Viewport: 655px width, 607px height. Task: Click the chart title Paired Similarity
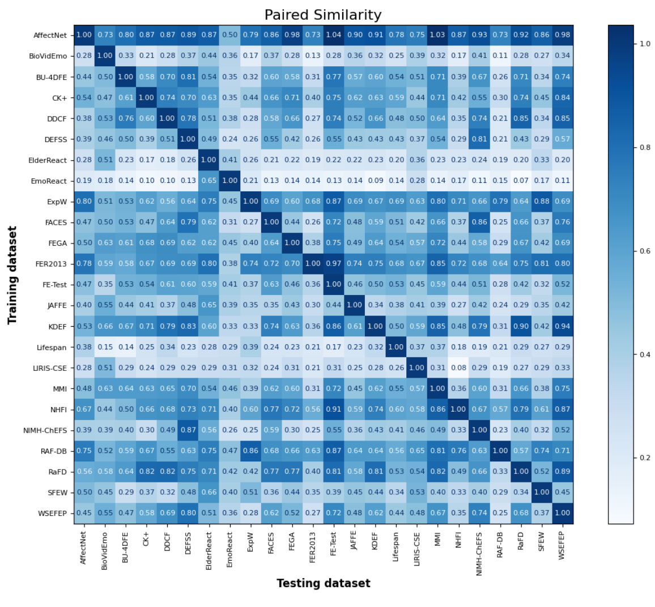tap(323, 15)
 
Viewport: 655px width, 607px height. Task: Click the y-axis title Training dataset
tap(12, 275)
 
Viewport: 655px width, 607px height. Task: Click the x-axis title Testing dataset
tap(323, 583)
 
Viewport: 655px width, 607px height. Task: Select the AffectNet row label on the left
tap(50, 35)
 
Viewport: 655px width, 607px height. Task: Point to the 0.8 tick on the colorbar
tap(645, 147)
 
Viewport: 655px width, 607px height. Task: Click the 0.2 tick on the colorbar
tap(645, 458)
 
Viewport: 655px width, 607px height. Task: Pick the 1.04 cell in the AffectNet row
tap(334, 35)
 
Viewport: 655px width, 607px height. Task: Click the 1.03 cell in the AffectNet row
tap(437, 35)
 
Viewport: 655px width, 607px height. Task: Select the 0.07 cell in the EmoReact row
tap(521, 181)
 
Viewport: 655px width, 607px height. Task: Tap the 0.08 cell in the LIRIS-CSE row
tap(458, 367)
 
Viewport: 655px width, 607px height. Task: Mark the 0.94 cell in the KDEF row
tap(562, 326)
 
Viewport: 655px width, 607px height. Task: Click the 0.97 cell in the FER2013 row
tap(334, 264)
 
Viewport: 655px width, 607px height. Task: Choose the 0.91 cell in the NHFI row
tap(334, 409)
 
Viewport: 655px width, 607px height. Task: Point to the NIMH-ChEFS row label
tap(45, 430)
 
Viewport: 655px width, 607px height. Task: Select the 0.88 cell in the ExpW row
tap(542, 202)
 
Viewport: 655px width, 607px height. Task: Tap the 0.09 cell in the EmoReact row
tap(375, 181)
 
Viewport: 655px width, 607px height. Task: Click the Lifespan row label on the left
tap(52, 347)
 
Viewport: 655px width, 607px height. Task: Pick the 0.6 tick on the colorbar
tap(645, 251)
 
